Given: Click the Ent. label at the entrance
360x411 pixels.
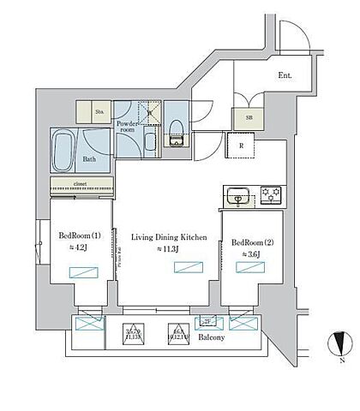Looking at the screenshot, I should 285,75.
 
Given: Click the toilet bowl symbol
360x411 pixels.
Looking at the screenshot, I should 177,130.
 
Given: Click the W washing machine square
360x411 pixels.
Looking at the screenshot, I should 149,110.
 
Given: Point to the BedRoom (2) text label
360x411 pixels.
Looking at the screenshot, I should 253,242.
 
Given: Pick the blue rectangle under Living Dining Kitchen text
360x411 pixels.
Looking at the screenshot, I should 187,268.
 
